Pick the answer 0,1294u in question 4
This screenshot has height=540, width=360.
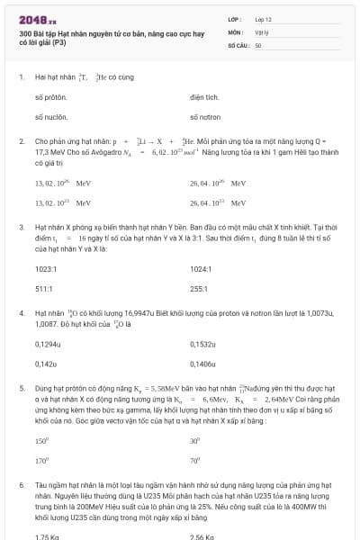tap(48, 344)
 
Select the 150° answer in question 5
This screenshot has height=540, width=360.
tap(41, 441)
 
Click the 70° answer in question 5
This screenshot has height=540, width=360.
tap(195, 461)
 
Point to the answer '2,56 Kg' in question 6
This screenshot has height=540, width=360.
tap(202, 536)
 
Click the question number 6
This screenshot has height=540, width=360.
tap(21, 484)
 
